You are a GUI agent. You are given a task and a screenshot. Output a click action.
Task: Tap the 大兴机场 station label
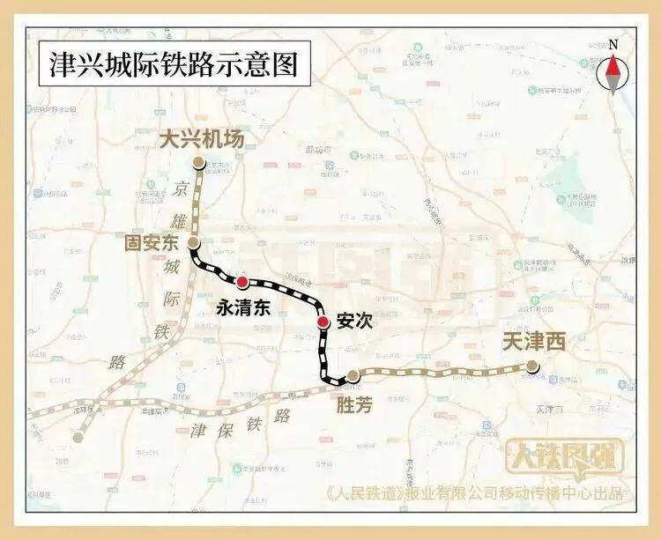201,139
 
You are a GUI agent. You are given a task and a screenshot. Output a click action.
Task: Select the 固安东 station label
156,241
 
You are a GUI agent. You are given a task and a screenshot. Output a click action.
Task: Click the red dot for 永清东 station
242,281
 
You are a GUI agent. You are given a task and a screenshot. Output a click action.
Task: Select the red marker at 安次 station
324,322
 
